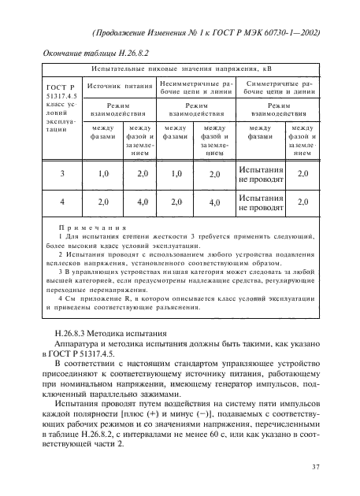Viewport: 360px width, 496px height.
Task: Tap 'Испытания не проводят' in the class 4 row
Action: click(262, 202)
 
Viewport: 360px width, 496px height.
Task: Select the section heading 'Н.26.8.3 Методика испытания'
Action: click(110, 335)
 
